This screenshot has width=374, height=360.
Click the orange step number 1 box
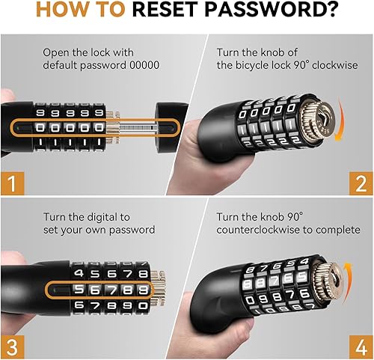click(x=13, y=183)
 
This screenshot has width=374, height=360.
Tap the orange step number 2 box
click(x=361, y=183)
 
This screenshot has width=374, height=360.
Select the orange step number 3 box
click(x=13, y=347)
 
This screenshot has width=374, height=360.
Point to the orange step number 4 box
click(x=361, y=347)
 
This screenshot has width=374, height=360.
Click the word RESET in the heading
click(x=165, y=10)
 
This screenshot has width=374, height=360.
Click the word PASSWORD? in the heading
click(x=272, y=10)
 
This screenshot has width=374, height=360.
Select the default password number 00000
click(x=144, y=65)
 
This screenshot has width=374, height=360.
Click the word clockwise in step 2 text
click(x=335, y=65)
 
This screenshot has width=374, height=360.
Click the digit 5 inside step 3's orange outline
click(x=79, y=290)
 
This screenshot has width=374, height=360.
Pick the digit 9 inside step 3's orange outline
click(x=143, y=290)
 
